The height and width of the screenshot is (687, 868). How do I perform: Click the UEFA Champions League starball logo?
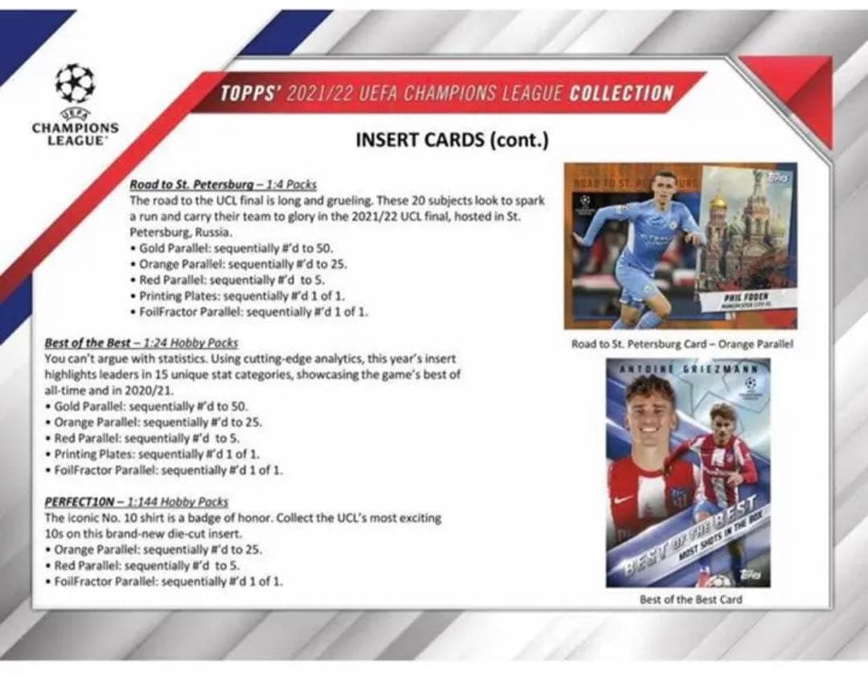75,84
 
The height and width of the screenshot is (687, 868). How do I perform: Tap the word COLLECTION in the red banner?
621,93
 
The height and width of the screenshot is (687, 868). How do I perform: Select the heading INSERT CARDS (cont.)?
452,139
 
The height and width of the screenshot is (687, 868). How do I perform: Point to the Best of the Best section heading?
141,343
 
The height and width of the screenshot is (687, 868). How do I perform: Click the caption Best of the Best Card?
690,599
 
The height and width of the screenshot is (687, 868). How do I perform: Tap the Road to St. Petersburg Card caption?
682,343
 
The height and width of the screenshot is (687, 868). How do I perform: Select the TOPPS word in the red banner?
248,93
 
